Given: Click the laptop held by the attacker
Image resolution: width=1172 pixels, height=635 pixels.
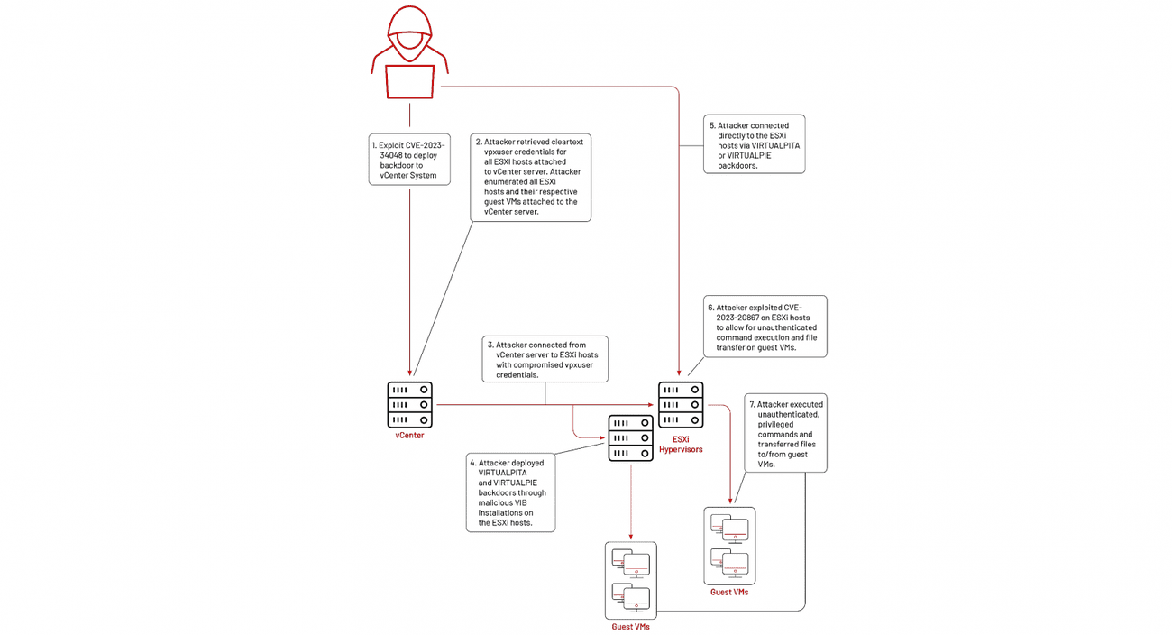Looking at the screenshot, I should coord(410,81).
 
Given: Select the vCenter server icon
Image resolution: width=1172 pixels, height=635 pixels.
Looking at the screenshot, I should coord(410,405).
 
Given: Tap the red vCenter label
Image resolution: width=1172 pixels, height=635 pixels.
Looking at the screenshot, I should coord(410,436).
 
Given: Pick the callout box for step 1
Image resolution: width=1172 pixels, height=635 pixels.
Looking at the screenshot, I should coord(407,160).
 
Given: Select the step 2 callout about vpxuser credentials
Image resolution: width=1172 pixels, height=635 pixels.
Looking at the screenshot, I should coord(531,177).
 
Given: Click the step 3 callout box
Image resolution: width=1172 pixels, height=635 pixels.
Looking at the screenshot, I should coord(545,358).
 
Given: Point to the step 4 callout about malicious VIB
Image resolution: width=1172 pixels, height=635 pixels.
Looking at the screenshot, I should coord(511,492).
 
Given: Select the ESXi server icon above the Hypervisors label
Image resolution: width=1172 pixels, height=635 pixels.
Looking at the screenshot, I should coord(681,405).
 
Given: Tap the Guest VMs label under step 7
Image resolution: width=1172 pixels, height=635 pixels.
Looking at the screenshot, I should coord(729,593).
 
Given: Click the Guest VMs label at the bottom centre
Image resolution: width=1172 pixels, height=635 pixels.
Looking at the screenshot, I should coord(630,626).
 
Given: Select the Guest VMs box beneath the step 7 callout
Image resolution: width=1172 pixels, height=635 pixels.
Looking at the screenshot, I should coord(729,546).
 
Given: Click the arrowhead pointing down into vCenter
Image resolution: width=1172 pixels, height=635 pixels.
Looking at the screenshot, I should coord(410,373).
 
